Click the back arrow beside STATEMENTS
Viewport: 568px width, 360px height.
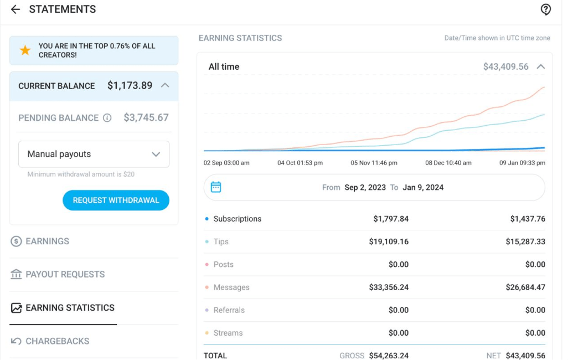15,9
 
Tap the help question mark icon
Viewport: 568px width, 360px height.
545,9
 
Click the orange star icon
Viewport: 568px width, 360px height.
25,50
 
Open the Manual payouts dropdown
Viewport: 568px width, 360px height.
94,154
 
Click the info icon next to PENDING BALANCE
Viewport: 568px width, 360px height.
107,118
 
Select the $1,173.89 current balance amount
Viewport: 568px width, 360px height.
130,85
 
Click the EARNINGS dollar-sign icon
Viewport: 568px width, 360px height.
16,241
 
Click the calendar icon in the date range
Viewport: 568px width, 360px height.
216,187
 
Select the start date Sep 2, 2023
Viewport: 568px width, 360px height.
365,187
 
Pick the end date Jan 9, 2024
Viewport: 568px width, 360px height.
423,187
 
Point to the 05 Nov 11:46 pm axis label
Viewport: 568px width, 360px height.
374,163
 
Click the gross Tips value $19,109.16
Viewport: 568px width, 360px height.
389,242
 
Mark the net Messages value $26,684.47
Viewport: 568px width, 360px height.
525,287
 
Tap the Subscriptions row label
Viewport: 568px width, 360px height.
237,219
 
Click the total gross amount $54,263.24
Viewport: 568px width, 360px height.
389,356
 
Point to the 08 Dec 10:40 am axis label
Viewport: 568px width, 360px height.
448,163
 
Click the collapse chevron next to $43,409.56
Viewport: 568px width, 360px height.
541,66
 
